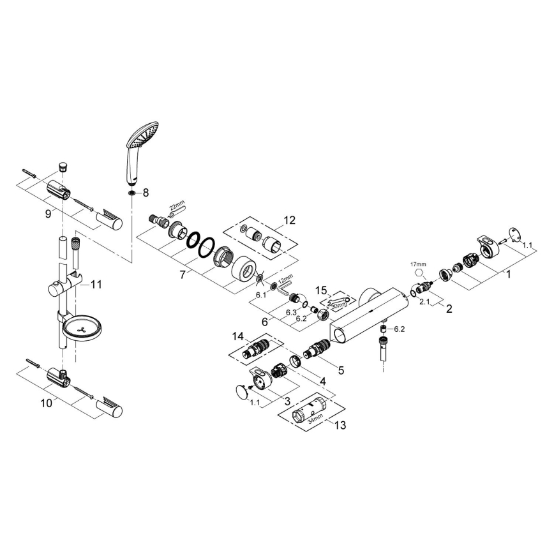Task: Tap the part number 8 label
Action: pyautogui.click(x=146, y=192)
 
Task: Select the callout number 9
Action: pyautogui.click(x=48, y=214)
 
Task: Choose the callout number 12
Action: pyautogui.click(x=290, y=220)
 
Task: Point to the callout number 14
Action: pyautogui.click(x=238, y=336)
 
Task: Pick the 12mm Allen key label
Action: pyautogui.click(x=285, y=278)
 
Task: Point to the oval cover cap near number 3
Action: pyautogui.click(x=240, y=392)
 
